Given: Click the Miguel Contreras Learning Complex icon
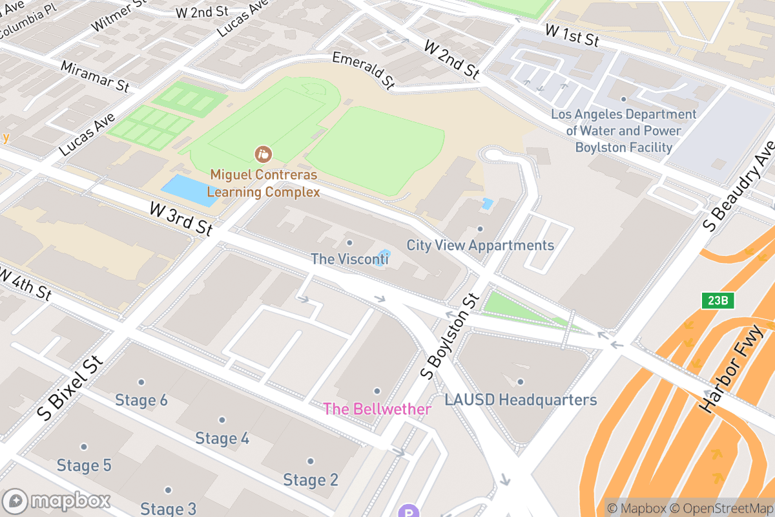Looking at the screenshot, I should (x=263, y=154).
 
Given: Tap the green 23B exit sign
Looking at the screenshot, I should (x=718, y=301).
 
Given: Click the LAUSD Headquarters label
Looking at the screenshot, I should (x=521, y=400).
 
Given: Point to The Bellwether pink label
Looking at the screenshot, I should (x=377, y=409).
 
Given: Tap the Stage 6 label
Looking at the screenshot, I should (x=141, y=400).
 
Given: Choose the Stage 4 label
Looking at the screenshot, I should (x=222, y=438).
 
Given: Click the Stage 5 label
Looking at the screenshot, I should (x=84, y=465).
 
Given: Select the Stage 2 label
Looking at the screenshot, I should (x=311, y=480).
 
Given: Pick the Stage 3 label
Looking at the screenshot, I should (x=168, y=508).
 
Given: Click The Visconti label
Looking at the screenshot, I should (x=349, y=259).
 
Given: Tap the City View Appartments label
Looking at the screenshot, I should (x=480, y=246).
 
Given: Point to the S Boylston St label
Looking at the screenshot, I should (x=451, y=335).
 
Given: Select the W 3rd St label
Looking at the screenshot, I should (x=180, y=218).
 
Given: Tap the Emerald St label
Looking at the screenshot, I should (x=363, y=69).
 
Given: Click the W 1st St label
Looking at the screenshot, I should (x=572, y=35).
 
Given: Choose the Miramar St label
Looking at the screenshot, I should (x=95, y=76).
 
